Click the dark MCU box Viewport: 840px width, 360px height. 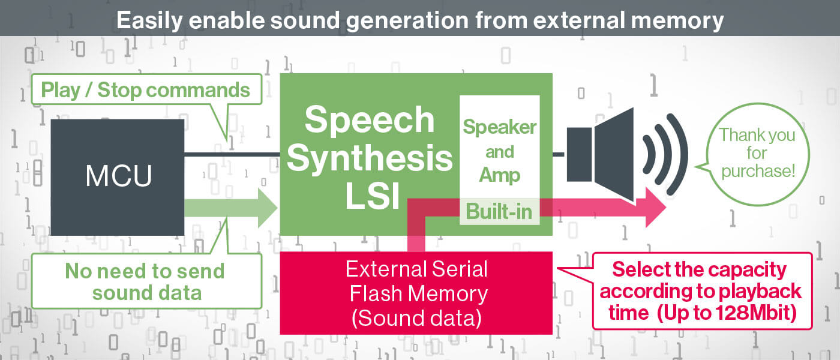point(118,177)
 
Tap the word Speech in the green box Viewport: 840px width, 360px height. point(370,119)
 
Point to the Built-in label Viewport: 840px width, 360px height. point(499,211)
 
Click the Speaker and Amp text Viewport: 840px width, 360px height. point(499,151)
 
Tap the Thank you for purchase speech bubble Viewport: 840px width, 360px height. point(757,152)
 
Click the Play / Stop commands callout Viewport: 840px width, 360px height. point(145,90)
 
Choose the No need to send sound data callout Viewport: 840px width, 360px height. point(145,281)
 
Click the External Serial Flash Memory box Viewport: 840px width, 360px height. point(416,293)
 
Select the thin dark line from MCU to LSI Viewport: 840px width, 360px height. point(232,155)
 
